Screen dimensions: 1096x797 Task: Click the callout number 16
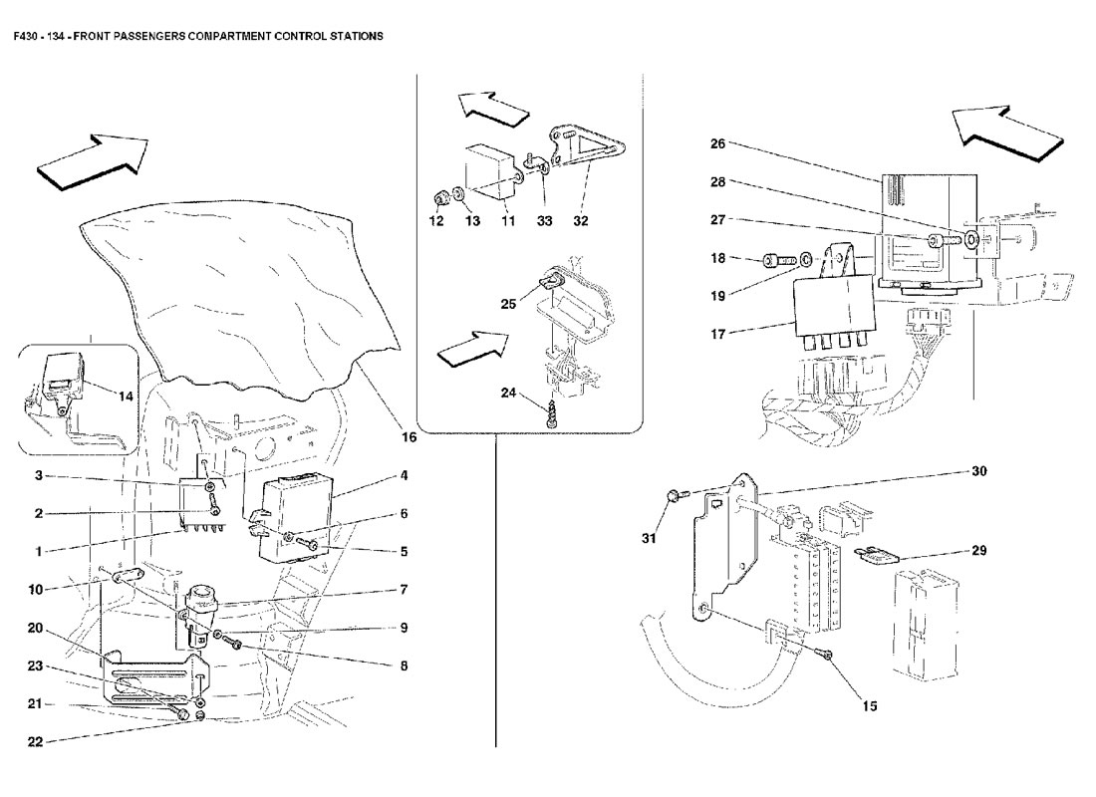pyautogui.click(x=409, y=437)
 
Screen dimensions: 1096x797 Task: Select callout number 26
pyautogui.click(x=717, y=143)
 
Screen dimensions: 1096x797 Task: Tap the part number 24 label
pyautogui.click(x=508, y=393)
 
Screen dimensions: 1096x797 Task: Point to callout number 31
pyautogui.click(x=650, y=538)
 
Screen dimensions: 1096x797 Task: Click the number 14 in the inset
pyautogui.click(x=126, y=397)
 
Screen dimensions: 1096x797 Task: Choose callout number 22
pyautogui.click(x=35, y=742)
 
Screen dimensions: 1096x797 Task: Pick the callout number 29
pyautogui.click(x=979, y=550)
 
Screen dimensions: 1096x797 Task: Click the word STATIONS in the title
pyautogui.click(x=357, y=36)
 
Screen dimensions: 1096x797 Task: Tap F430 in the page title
pyautogui.click(x=26, y=36)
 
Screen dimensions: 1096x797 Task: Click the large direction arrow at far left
pyautogui.click(x=93, y=161)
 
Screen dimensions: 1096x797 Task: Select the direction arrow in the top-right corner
pyautogui.click(x=1007, y=133)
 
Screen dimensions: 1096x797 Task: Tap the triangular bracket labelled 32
pyautogui.click(x=589, y=148)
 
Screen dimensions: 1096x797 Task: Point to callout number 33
pyautogui.click(x=544, y=221)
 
